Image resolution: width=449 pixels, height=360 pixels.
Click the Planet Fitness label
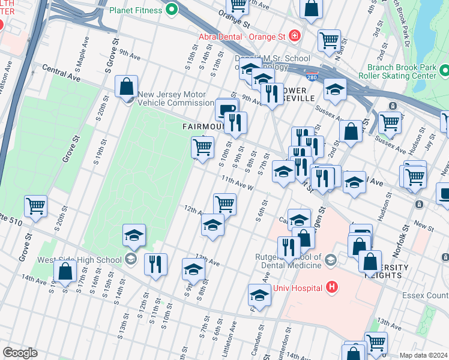[136, 10]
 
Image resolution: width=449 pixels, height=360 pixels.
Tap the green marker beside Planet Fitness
[172, 10]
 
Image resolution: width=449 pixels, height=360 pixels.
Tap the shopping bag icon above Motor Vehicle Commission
[127, 86]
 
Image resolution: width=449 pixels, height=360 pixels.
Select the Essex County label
[426, 295]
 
